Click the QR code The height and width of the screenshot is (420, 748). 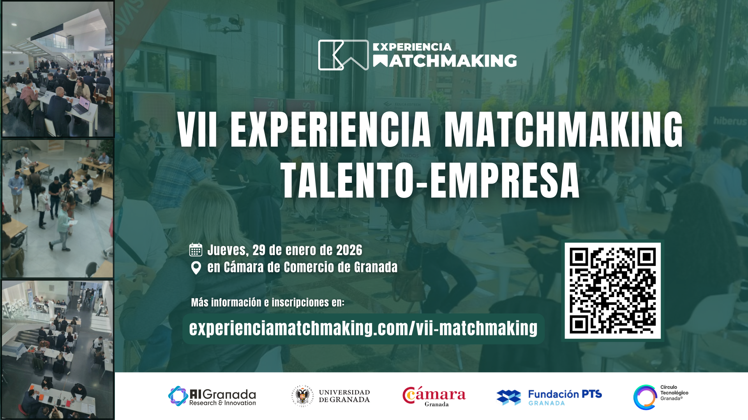click(612, 290)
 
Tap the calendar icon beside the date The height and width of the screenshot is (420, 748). click(196, 250)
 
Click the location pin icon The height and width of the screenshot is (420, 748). click(196, 268)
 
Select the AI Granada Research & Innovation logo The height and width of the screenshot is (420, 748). click(212, 396)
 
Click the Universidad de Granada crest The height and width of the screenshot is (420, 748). click(303, 396)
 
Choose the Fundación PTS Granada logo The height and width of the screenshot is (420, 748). click(549, 397)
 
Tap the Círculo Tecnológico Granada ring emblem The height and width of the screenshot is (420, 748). click(645, 397)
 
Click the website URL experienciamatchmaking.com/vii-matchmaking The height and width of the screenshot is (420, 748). click(363, 329)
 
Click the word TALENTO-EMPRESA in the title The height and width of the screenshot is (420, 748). click(430, 181)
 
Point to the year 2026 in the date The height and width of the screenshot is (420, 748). click(349, 250)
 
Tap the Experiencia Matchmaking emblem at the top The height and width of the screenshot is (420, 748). click(343, 55)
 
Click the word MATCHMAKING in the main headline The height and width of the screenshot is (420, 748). click(563, 130)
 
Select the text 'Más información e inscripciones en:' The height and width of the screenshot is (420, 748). click(268, 303)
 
